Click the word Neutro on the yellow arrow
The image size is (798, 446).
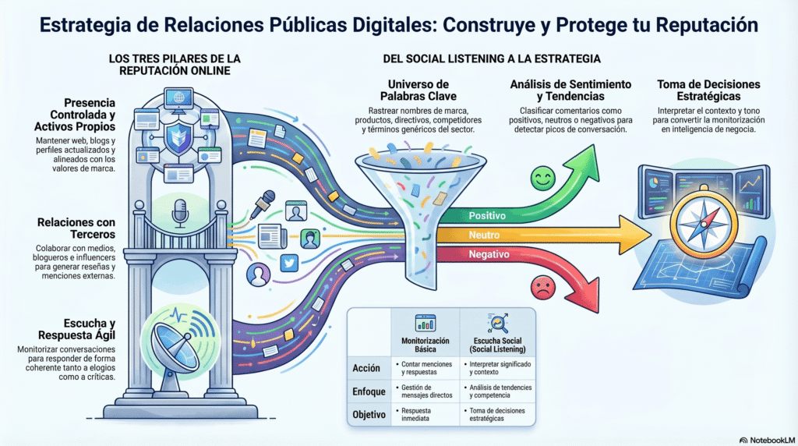[484, 234]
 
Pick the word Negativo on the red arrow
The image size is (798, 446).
[489, 254]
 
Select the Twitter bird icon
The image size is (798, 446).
[289, 264]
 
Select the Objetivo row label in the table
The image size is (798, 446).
[369, 414]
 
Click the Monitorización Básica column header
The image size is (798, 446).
[425, 345]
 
